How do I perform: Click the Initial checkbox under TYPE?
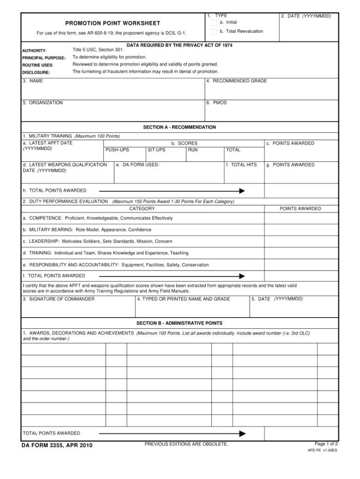[x=214, y=23]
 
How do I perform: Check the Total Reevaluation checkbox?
[x=214, y=31]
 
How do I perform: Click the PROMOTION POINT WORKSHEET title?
[x=112, y=23]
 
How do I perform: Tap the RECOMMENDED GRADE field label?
[x=236, y=81]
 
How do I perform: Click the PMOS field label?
[x=217, y=103]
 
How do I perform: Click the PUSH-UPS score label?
[x=117, y=150]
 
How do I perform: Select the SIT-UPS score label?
[x=156, y=150]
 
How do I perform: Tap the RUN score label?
[x=193, y=150]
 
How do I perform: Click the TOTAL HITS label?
[x=241, y=165]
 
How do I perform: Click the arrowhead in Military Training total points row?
[x=242, y=191]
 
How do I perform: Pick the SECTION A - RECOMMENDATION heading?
[x=180, y=127]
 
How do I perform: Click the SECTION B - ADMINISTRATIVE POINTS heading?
[x=180, y=323]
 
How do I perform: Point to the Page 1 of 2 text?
[x=326, y=443]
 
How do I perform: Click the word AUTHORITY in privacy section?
[x=34, y=51]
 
